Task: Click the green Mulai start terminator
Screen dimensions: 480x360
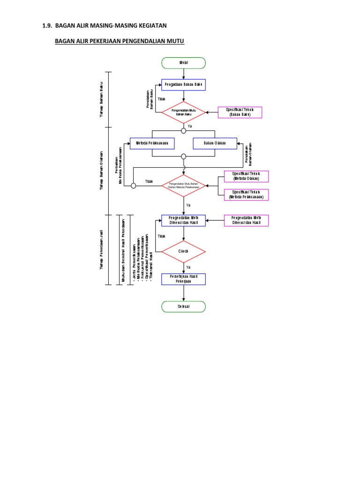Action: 183,63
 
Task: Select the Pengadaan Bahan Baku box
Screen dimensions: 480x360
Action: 183,84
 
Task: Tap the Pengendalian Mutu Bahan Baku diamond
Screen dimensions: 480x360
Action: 183,112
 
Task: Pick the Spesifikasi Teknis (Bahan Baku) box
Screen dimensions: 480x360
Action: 240,112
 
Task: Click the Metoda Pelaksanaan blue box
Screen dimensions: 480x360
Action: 152,143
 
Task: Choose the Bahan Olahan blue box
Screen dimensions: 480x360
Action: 215,143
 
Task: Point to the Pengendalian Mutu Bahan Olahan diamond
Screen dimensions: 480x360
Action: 183,186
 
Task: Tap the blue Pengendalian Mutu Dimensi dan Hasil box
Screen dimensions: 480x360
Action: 183,220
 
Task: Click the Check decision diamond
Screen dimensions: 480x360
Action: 183,251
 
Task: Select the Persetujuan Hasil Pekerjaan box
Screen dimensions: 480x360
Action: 183,279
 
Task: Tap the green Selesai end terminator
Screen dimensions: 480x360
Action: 183,307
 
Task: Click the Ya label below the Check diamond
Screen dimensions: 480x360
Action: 188,267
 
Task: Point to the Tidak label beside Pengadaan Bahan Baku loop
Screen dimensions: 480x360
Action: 161,99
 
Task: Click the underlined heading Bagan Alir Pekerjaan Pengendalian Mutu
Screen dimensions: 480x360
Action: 120,42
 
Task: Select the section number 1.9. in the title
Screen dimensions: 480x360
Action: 48,25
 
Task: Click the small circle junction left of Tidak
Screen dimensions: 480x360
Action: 133,186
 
